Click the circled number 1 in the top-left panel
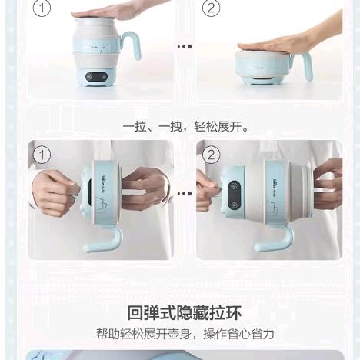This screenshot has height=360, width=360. [x=42, y=8]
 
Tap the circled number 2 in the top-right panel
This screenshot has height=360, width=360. [x=211, y=8]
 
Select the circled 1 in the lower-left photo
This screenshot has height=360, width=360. [x=42, y=155]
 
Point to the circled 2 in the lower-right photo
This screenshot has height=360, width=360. [x=211, y=155]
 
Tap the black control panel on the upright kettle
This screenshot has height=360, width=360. [x=96, y=77]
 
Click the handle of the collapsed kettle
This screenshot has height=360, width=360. [x=306, y=65]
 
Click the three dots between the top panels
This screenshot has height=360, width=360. [x=185, y=46]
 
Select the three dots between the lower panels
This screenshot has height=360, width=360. [x=185, y=193]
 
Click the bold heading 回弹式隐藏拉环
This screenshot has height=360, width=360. [x=185, y=313]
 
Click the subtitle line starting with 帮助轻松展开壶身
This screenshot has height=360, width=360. [x=185, y=334]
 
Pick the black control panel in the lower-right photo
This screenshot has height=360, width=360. [x=234, y=195]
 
